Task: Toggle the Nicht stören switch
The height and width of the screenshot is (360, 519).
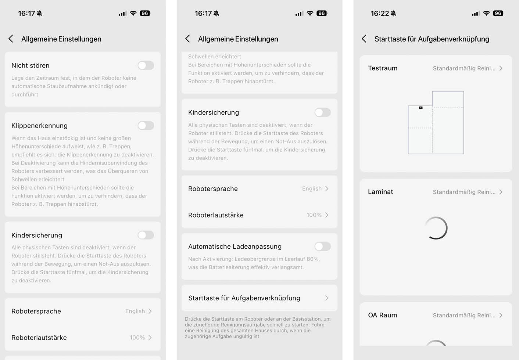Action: tap(146, 65)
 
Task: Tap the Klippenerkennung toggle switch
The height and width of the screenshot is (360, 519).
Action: tap(146, 126)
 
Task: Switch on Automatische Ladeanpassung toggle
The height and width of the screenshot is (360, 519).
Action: tap(322, 246)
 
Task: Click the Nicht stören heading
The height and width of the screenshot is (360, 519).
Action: tap(31, 65)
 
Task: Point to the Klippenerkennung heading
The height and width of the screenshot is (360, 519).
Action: tap(39, 126)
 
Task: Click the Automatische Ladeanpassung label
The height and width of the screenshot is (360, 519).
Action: tap(235, 246)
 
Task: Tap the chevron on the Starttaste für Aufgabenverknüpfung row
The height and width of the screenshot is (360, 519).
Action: tap(327, 298)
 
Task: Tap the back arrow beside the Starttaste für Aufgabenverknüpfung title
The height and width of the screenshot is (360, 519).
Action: tap(364, 39)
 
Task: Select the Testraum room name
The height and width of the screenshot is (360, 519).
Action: tap(383, 68)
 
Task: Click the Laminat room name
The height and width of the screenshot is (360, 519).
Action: tap(380, 192)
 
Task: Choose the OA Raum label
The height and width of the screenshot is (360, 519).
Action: tap(382, 315)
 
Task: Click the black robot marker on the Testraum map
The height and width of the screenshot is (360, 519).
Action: tap(421, 108)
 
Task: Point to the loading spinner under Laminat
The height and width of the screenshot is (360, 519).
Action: tap(436, 228)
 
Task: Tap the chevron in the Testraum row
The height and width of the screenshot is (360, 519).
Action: tap(501, 68)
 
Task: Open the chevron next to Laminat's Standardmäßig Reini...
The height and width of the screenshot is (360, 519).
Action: tap(501, 192)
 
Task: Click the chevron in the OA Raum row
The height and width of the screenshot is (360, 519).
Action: tap(501, 315)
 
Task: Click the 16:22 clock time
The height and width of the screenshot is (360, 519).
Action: tap(380, 14)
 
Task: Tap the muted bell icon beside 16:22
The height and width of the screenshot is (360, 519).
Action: tap(394, 14)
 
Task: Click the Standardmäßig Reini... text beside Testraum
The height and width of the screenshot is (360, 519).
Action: tap(464, 68)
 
